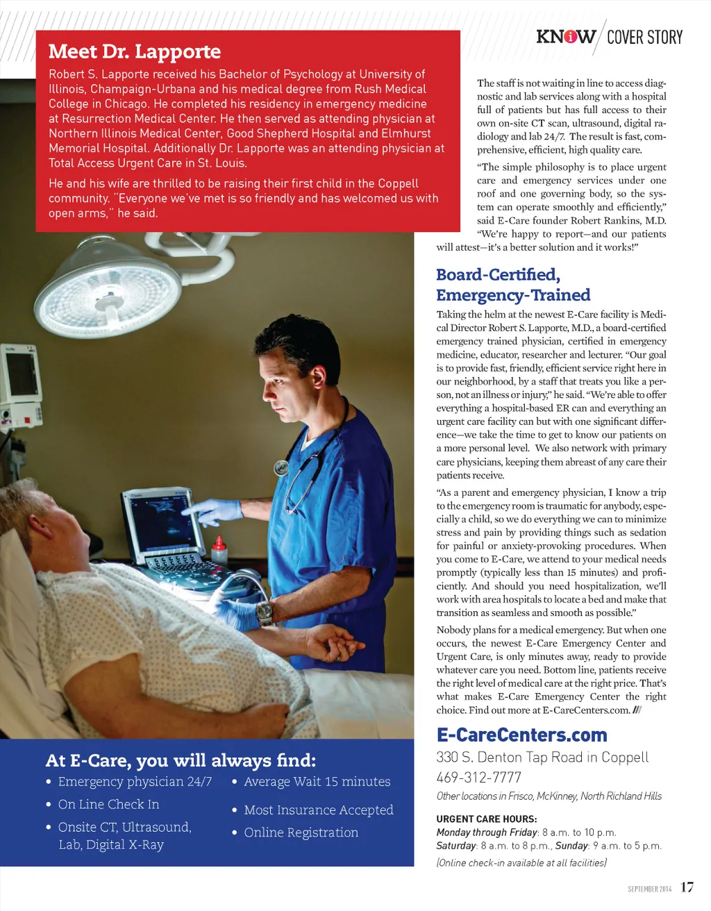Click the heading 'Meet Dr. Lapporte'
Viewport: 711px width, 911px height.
coord(135,52)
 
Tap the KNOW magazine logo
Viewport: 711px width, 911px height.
coord(565,37)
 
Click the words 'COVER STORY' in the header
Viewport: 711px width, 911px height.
coord(644,37)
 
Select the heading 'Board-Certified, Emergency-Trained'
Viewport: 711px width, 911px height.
coord(513,285)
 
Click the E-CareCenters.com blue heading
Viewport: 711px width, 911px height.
coord(521,735)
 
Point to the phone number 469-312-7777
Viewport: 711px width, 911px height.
coord(478,778)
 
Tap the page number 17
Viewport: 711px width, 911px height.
coord(687,887)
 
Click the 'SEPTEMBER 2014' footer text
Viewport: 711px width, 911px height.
coord(649,889)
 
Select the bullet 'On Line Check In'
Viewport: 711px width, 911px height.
coord(108,804)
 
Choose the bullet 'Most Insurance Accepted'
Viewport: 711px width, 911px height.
coord(318,810)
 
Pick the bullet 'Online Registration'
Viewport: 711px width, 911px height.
coord(301,833)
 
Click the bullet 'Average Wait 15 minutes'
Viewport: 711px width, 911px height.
coord(317,782)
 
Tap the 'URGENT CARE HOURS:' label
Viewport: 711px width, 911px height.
coord(486,819)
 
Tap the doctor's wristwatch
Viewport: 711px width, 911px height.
coord(264,612)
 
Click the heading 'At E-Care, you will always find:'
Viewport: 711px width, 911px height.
coord(181,760)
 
